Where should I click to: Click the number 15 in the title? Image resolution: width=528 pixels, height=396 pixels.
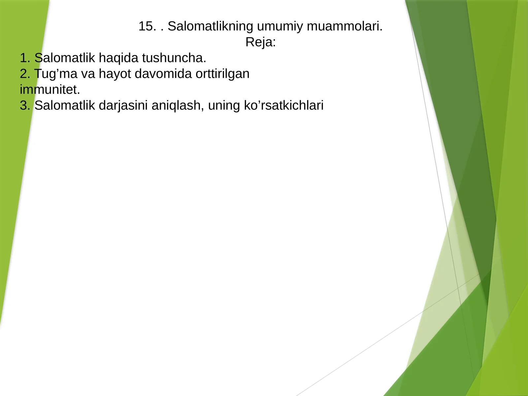(x=145, y=26)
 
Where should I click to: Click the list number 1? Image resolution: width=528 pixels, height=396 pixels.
(x=24, y=58)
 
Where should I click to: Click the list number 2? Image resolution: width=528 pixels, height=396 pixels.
(x=24, y=74)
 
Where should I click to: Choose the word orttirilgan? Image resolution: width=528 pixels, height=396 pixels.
(x=222, y=74)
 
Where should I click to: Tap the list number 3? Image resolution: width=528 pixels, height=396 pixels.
(x=24, y=106)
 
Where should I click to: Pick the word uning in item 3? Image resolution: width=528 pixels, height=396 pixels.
(x=223, y=106)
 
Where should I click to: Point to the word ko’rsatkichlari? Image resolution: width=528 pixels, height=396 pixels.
(x=283, y=106)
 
